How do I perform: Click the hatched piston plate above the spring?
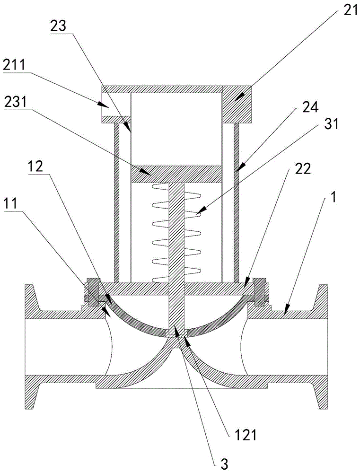click(x=176, y=174)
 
